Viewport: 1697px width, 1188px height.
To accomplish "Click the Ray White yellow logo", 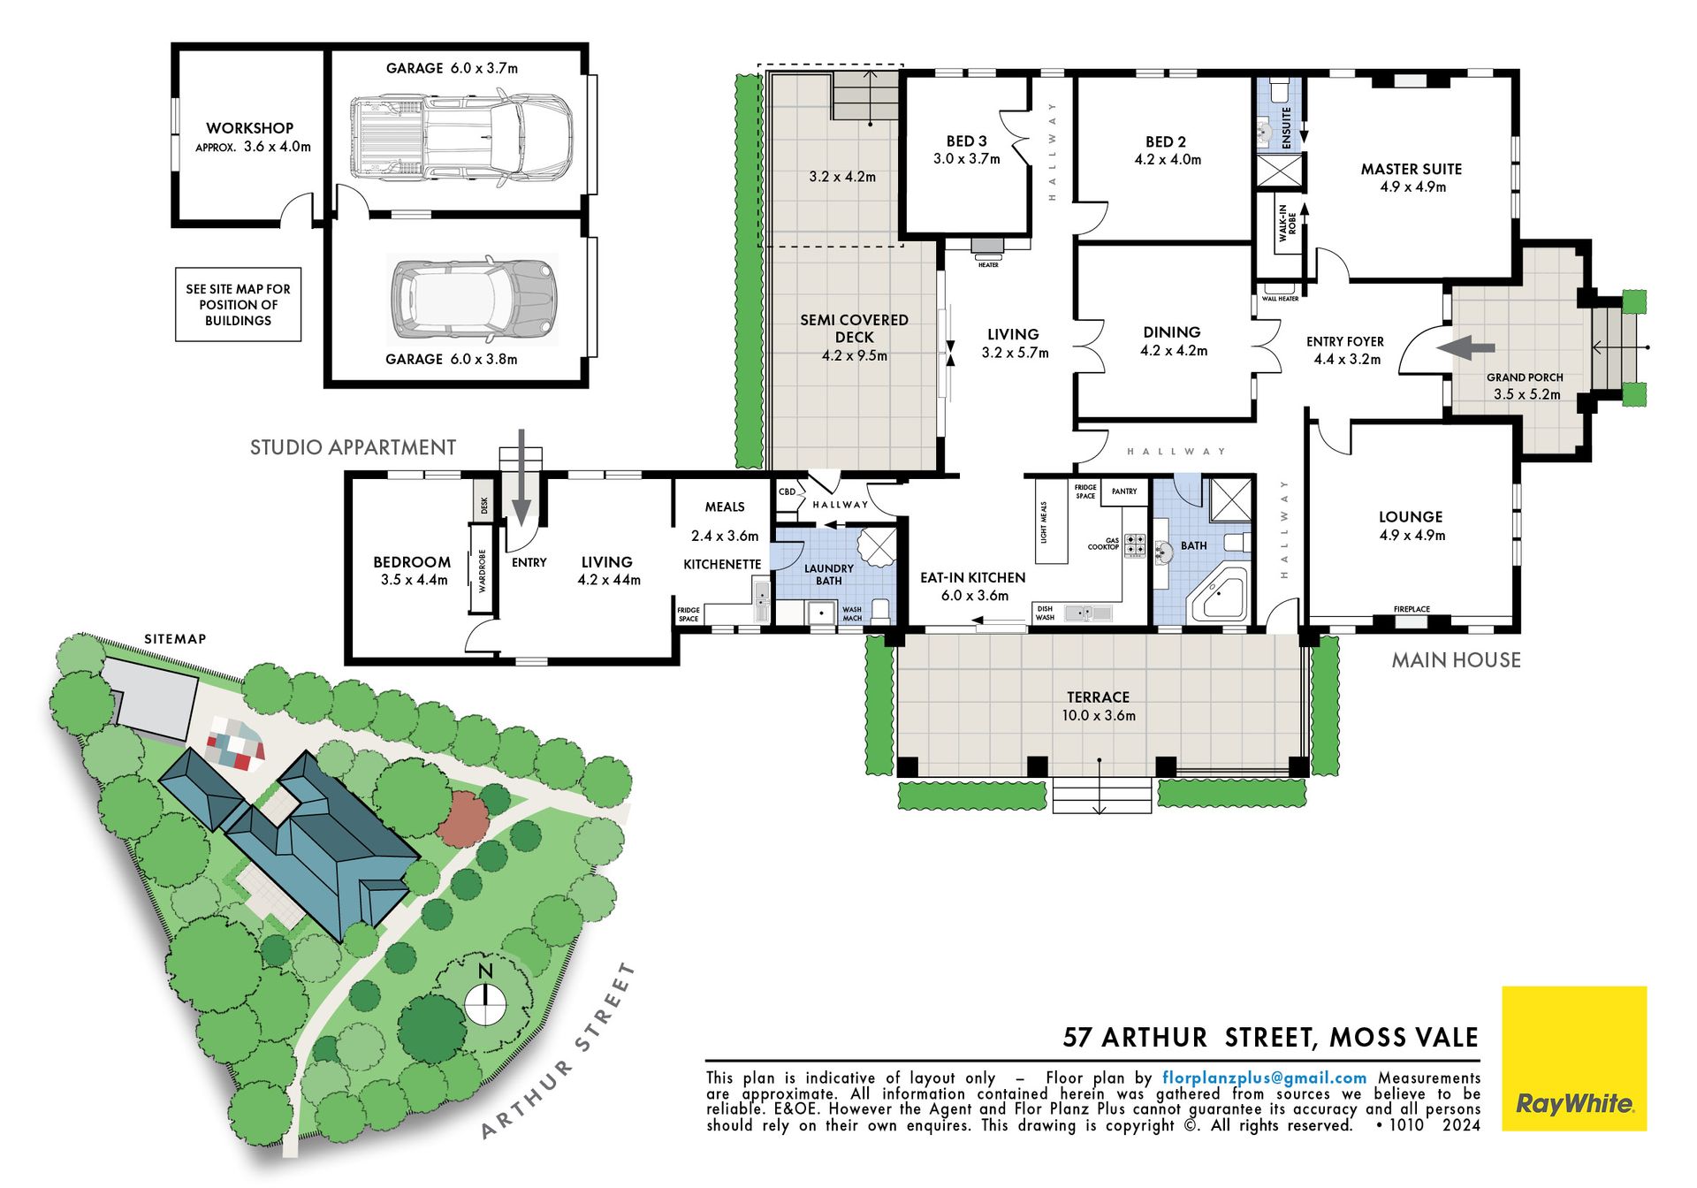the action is [1574, 1058].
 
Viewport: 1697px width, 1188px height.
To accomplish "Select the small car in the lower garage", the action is [472, 298].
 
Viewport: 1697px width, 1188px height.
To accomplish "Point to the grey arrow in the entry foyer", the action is [1465, 348].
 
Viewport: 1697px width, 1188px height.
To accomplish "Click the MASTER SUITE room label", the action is [1412, 169].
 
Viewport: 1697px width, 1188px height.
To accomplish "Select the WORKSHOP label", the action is [249, 128].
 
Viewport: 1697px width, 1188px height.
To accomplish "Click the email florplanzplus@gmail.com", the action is [1265, 1078].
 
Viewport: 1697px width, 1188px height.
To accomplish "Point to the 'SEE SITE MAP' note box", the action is [239, 304].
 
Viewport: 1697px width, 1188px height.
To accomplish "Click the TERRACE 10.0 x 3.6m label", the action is [1099, 706].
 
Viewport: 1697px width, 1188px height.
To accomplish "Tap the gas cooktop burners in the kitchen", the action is [1135, 545].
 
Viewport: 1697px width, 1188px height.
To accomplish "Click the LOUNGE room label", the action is [1411, 517].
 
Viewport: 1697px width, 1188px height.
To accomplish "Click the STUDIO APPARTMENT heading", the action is [354, 447].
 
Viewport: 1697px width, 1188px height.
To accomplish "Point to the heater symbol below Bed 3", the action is [988, 247].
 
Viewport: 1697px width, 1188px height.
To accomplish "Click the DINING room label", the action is [1172, 332].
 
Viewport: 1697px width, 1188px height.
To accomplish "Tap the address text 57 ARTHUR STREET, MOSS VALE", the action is [1270, 1037].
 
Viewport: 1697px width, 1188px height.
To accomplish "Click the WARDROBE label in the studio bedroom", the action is [483, 571].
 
